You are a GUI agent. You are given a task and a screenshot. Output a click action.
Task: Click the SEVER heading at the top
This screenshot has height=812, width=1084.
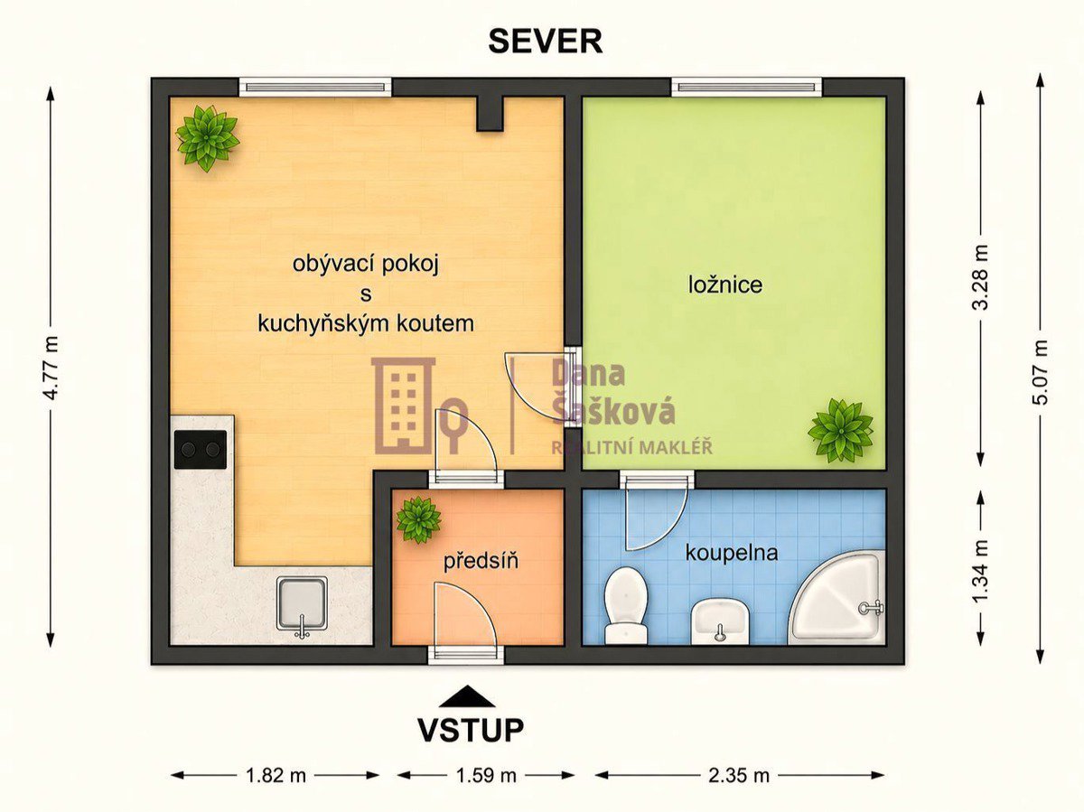[546, 41]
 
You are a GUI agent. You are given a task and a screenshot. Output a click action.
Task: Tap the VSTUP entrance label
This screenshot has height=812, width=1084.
[471, 730]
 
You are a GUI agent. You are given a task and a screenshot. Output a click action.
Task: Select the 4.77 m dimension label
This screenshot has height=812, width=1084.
[51, 368]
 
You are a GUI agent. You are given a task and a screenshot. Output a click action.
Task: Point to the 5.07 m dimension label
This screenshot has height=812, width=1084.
[1040, 372]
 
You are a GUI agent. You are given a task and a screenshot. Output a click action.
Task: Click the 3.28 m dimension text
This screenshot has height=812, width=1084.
[981, 277]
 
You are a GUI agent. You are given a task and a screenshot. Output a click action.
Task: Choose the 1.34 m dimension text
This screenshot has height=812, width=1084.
[981, 571]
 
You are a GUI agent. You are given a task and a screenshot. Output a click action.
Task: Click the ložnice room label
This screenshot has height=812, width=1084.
[725, 285]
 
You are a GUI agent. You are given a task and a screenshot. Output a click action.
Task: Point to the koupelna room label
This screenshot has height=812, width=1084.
[732, 554]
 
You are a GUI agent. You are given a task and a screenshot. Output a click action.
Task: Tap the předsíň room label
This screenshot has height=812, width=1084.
[481, 561]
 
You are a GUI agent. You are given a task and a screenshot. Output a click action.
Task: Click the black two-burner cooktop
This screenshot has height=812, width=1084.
[201, 449]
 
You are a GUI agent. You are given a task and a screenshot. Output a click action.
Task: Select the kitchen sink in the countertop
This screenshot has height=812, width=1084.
[302, 607]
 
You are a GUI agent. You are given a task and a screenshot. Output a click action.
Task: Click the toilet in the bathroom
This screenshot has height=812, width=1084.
[626, 606]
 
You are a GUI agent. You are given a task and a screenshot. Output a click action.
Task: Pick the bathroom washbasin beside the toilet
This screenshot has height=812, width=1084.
[720, 622]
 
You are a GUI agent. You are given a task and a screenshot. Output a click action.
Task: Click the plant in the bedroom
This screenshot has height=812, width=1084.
[840, 431]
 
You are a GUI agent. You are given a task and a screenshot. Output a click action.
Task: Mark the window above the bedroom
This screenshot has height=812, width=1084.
[746, 87]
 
